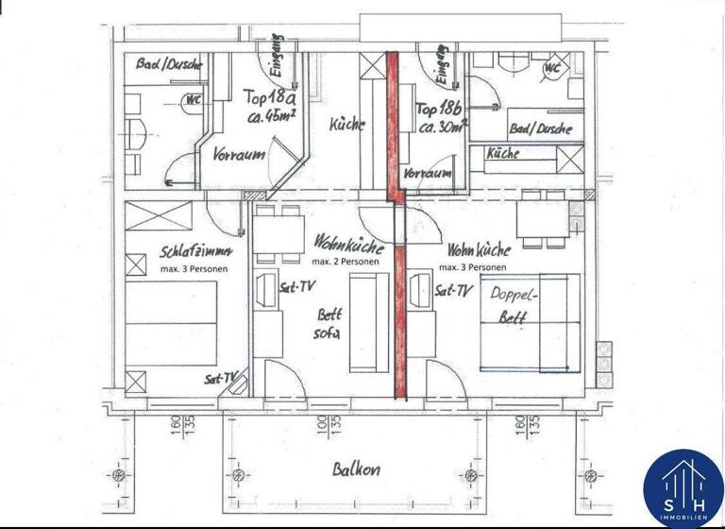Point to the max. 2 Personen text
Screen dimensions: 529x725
point(346,261)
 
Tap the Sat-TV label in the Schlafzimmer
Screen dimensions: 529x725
point(221,378)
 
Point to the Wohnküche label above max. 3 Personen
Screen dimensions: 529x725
point(480,250)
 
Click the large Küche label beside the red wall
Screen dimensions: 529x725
point(347,125)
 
